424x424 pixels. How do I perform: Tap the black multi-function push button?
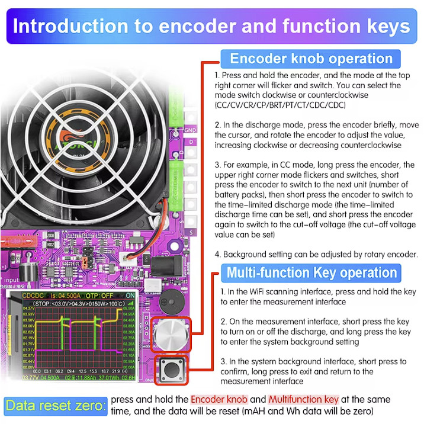click(171, 371)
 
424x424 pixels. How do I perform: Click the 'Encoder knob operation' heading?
click(311, 59)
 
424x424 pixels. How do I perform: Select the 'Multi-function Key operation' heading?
click(311, 273)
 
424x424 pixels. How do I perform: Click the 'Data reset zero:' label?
click(56, 406)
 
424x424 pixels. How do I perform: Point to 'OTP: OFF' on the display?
click(97, 295)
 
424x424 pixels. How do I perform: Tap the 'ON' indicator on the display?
click(130, 295)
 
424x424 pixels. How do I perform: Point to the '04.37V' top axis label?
click(28, 309)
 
